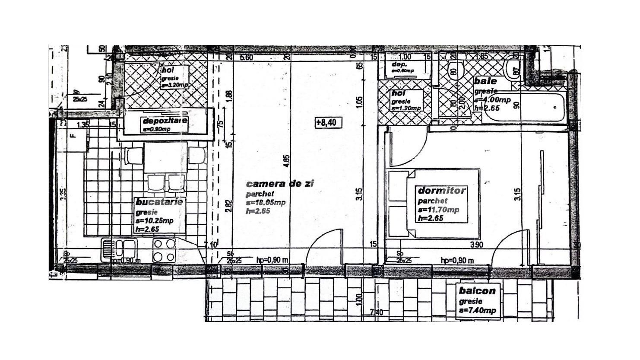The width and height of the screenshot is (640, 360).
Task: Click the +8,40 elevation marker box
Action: [x=329, y=123]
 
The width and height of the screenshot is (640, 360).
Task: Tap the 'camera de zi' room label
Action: [x=280, y=184]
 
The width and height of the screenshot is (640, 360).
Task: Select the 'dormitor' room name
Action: [x=442, y=191]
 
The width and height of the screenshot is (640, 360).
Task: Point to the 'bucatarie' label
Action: [x=159, y=202]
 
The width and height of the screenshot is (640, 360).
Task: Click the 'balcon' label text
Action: [x=477, y=291]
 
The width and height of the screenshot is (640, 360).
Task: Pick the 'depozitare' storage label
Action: [x=165, y=121]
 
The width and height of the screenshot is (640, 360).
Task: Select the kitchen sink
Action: [x=119, y=249]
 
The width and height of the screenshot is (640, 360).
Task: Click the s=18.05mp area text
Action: [x=265, y=203]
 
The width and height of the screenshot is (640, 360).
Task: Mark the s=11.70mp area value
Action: [x=438, y=210]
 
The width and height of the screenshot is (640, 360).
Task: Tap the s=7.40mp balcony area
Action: [x=477, y=311]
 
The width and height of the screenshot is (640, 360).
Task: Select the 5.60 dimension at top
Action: [x=246, y=57]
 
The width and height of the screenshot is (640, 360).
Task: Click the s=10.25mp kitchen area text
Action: [x=155, y=221]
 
